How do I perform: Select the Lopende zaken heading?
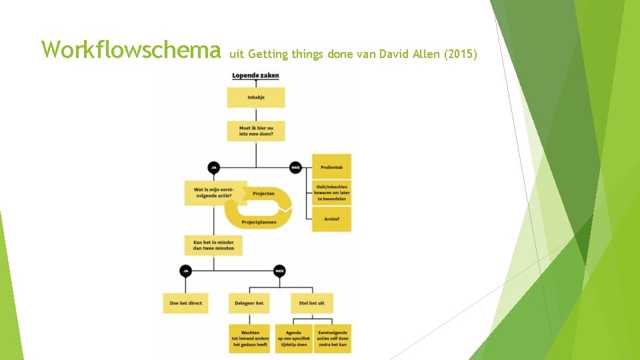click(x=255, y=76)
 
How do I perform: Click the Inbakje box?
click(x=256, y=97)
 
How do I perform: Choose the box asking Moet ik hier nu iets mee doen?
click(x=256, y=131)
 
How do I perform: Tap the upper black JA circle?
click(x=214, y=167)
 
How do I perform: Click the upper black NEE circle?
click(x=295, y=167)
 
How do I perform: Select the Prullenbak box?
click(x=331, y=167)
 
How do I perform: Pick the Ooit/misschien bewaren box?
click(x=331, y=193)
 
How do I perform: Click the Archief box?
click(x=331, y=219)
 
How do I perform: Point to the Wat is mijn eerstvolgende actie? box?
click(x=214, y=193)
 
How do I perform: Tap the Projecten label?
click(x=263, y=193)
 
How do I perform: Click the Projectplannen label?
click(x=259, y=222)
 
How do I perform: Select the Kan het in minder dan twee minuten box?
click(x=214, y=245)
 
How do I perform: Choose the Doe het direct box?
click(x=185, y=303)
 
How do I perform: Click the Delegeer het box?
click(x=249, y=303)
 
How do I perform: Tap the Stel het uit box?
click(x=312, y=303)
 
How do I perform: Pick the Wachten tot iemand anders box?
click(x=249, y=339)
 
